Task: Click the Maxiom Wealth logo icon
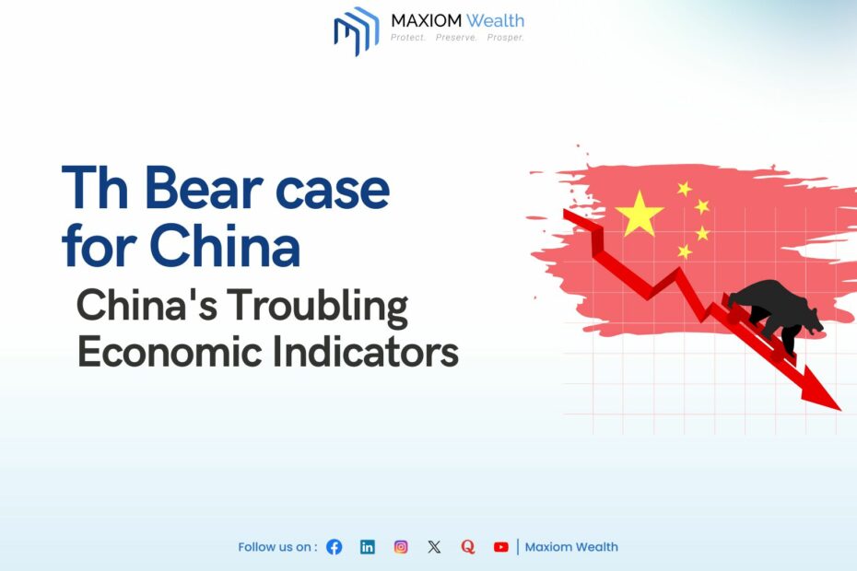pos(357,30)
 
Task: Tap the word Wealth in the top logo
pos(495,21)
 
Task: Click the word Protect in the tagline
pos(407,38)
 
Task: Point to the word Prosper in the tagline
pos(506,38)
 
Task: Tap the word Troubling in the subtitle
pos(317,306)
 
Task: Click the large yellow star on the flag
pos(639,215)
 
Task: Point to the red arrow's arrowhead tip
pos(840,410)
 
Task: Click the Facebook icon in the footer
pos(334,547)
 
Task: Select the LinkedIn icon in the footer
pos(368,547)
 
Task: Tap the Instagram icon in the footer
pos(401,547)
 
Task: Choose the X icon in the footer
pos(434,547)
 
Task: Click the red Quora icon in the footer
pos(468,547)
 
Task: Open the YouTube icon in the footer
pos(501,547)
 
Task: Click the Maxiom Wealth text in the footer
pos(571,547)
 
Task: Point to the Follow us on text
pos(277,547)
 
